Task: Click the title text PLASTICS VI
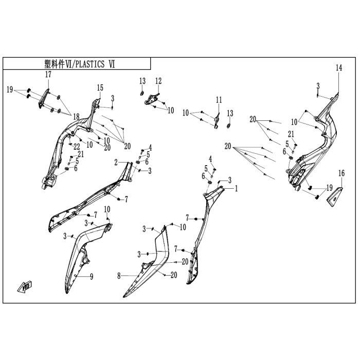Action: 95,64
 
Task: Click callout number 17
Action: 48,75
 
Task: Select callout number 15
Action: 100,88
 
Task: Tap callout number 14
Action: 339,68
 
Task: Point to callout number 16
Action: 341,173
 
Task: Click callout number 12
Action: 158,81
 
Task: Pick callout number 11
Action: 219,100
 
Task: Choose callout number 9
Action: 92,277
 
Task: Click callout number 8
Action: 119,276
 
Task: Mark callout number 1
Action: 236,189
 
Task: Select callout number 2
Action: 116,163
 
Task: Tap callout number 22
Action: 77,147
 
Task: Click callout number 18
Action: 76,117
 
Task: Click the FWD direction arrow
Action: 25,287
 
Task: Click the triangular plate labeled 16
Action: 335,197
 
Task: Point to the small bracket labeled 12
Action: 152,99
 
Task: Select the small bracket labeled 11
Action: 217,121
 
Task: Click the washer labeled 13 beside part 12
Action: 142,93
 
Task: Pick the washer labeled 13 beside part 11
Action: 228,126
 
